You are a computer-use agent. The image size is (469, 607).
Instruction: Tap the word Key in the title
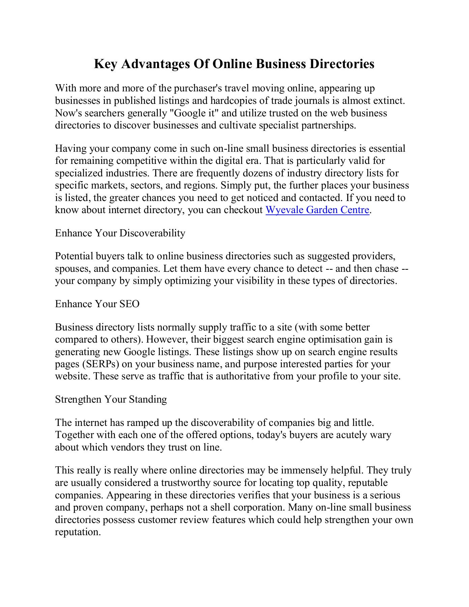tap(105, 64)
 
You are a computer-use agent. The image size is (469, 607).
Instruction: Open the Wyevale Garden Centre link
tap(317, 210)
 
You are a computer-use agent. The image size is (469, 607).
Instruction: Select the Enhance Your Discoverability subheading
tap(120, 233)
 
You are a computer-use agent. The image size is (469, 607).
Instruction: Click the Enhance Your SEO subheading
tap(97, 304)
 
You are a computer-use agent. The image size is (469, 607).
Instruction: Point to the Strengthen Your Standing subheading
tap(111, 400)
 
